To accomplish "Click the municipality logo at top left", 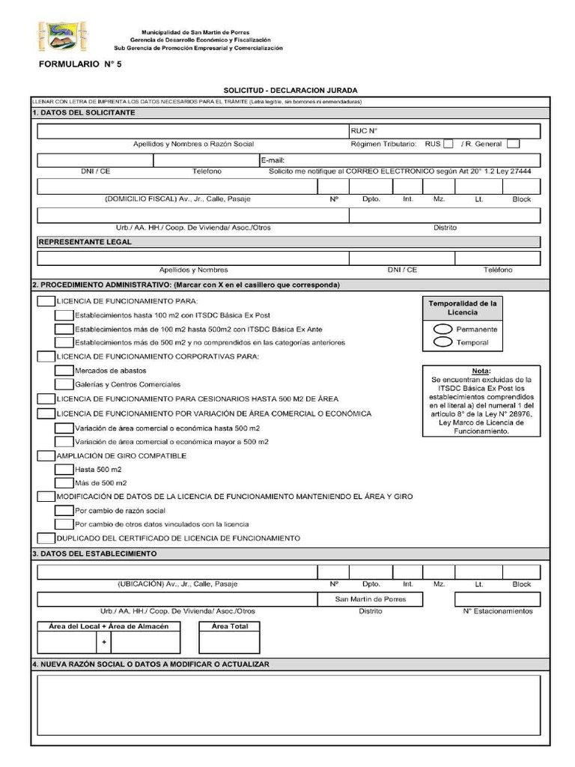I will point(62,37).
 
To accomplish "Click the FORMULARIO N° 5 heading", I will point(79,65).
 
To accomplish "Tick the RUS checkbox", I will point(448,144).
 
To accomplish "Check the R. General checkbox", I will point(513,144).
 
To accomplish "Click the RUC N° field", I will point(444,130).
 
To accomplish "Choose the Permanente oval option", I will point(442,329).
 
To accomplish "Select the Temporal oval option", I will point(442,342).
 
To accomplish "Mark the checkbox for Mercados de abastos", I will point(64,371).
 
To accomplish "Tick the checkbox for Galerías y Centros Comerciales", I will point(64,384).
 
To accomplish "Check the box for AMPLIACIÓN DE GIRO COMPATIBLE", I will point(46,455).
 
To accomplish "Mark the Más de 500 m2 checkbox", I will point(64,483).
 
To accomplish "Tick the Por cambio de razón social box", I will point(64,510).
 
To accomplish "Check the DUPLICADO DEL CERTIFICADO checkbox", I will point(46,538).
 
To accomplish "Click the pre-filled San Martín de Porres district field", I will point(371,599).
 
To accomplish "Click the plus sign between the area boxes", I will point(104,642).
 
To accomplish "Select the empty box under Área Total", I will point(229,642).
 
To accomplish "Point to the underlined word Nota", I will point(481,371).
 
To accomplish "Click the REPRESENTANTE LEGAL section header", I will point(85,242).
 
